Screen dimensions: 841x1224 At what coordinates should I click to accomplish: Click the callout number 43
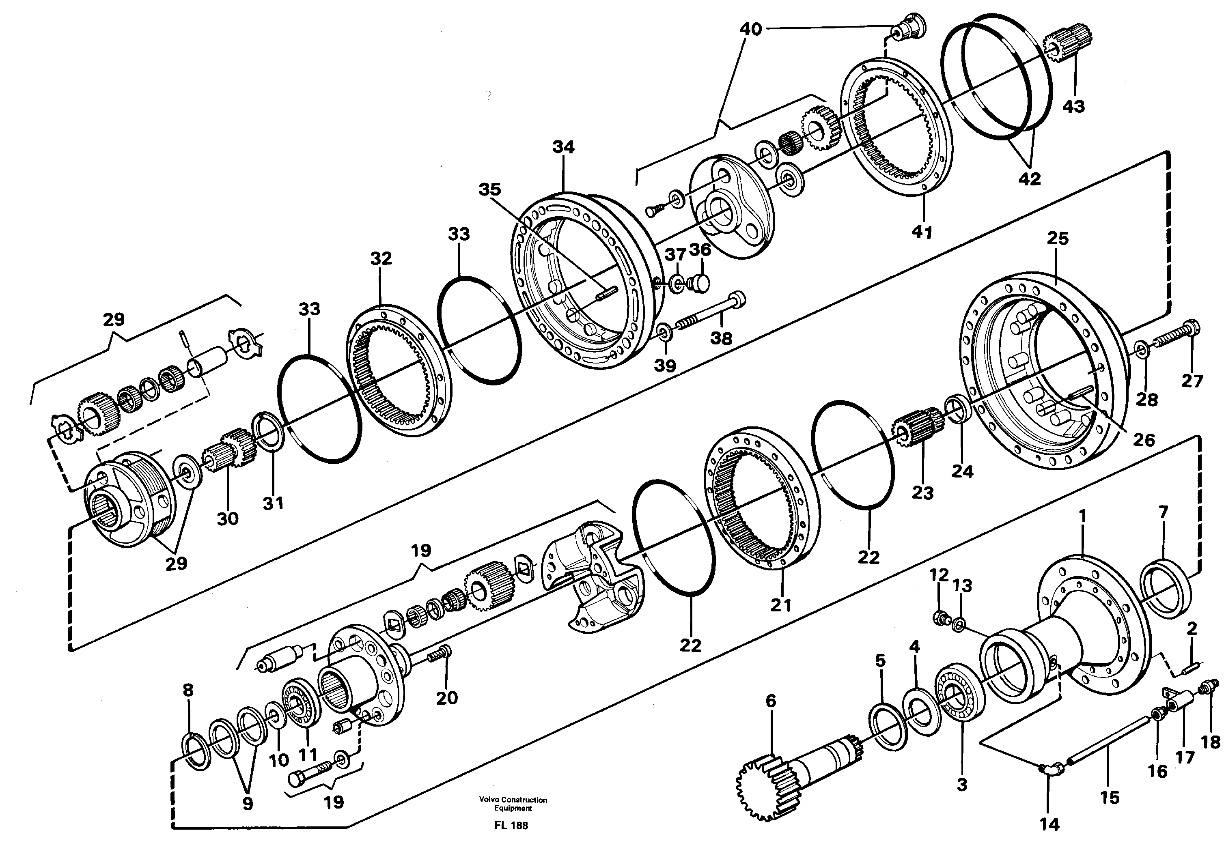(1074, 106)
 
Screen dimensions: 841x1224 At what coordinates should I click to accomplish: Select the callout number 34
(563, 147)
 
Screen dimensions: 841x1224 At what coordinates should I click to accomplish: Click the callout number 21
(781, 605)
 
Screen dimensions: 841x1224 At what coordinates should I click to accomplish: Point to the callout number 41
(922, 232)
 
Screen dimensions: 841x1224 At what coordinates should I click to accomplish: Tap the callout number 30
(228, 518)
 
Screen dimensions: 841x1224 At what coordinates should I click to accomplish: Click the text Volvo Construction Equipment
(513, 804)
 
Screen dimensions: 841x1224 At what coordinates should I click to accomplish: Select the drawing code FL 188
(511, 826)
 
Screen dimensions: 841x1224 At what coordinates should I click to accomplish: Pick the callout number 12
(939, 575)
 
